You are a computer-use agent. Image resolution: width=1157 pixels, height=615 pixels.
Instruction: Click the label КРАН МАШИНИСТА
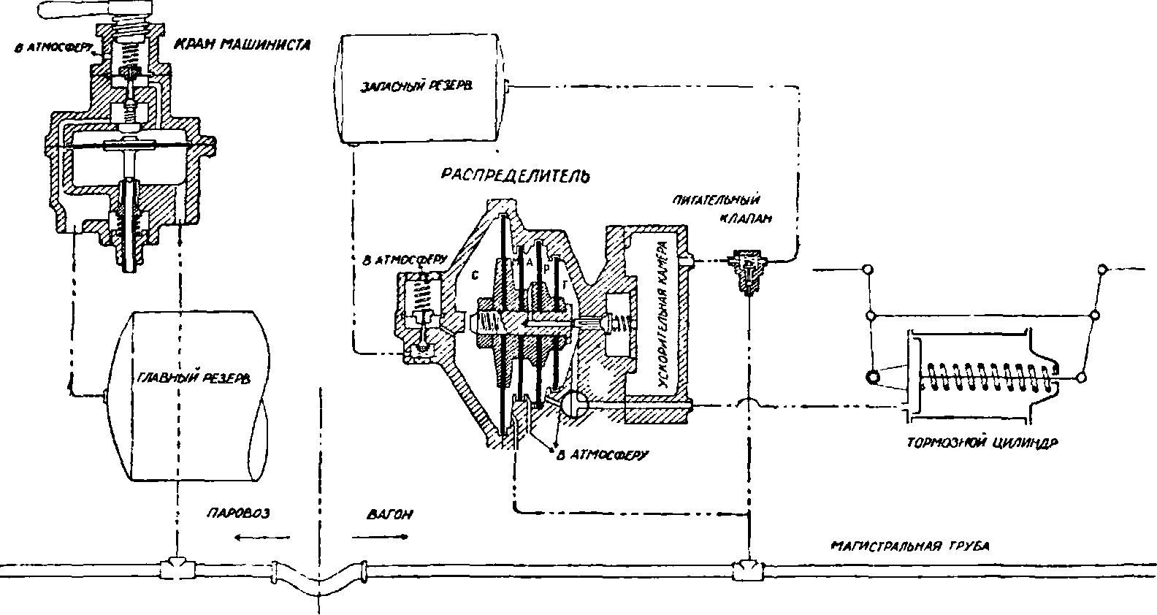tap(243, 45)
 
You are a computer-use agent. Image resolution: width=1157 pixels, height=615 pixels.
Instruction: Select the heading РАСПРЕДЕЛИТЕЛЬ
tap(516, 175)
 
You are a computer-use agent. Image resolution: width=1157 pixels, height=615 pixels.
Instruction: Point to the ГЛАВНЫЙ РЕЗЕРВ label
tap(194, 378)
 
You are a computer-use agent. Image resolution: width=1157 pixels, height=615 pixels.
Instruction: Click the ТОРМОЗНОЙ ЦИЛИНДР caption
tap(982, 443)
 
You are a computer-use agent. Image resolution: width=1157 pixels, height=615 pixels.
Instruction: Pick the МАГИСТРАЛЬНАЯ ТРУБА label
tap(910, 546)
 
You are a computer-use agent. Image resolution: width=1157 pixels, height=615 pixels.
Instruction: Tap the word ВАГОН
tap(389, 514)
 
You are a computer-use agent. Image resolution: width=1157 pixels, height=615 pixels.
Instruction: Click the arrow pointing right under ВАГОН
tap(380, 538)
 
